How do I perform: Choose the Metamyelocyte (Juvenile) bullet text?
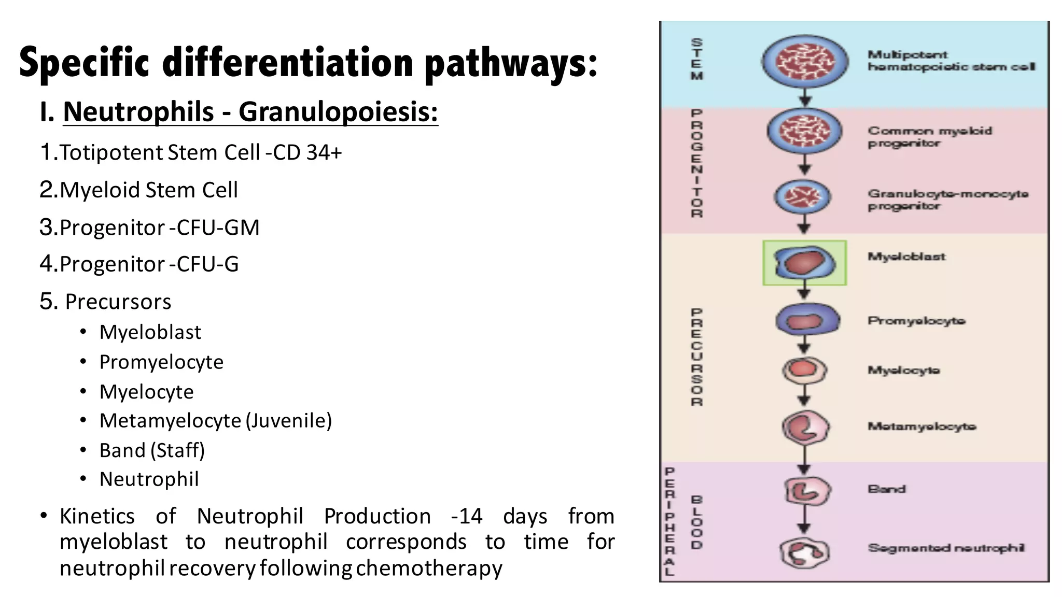215,421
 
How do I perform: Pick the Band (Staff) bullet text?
152,450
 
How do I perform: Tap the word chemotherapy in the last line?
429,568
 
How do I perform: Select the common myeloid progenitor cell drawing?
804,131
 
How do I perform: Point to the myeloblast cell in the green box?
804,262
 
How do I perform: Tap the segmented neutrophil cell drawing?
804,552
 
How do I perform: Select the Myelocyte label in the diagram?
903,371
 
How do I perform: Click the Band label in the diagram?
886,489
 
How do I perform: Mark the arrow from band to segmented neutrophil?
804,520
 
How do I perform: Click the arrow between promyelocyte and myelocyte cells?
804,344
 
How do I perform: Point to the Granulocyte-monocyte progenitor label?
947,200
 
